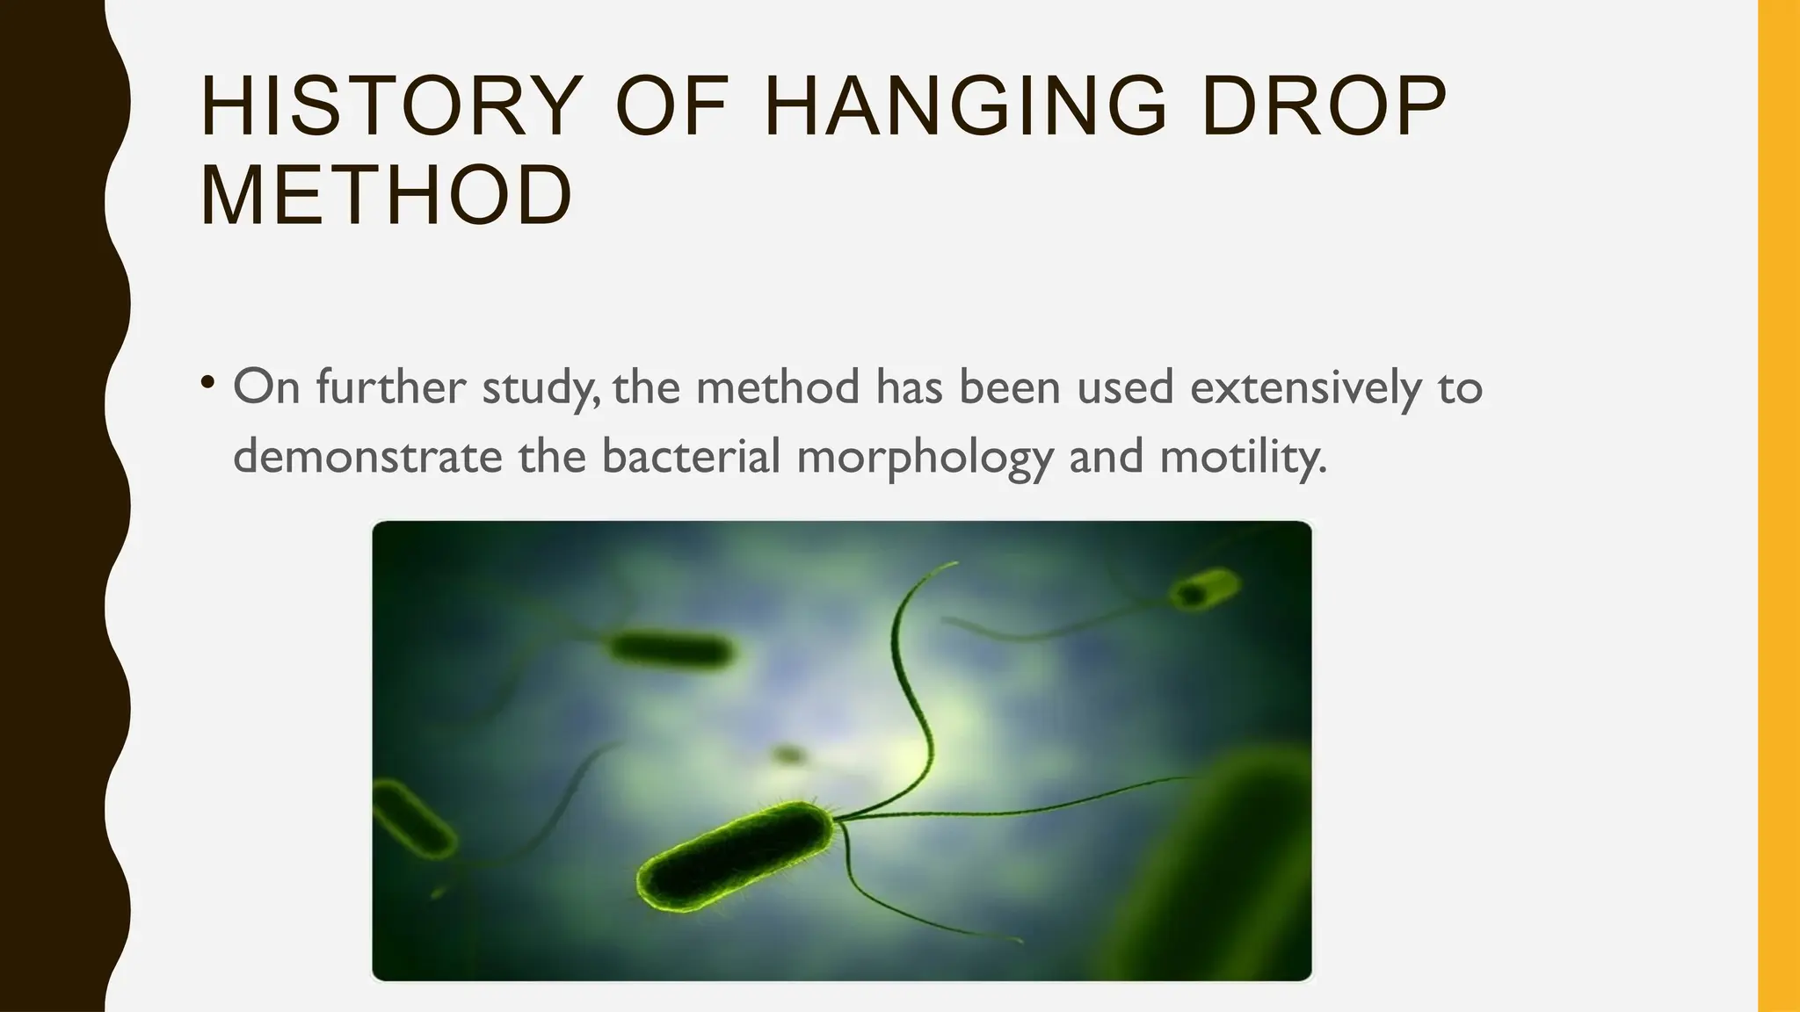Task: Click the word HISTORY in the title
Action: coord(392,106)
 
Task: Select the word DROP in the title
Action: coord(1323,106)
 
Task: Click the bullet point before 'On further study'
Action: coord(207,383)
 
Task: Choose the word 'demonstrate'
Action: coord(367,457)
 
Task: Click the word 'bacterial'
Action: coord(692,457)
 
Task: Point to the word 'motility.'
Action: coord(1243,457)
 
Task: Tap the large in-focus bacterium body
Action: coord(735,857)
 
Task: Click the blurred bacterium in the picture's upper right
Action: coord(1204,589)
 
